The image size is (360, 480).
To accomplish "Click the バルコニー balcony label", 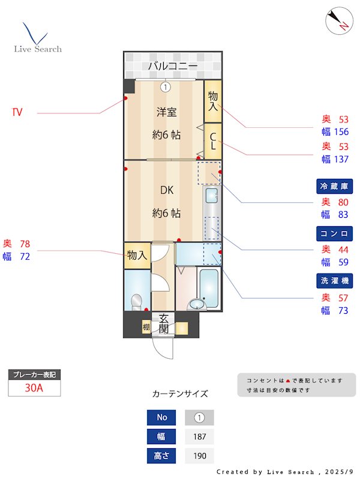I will (172, 65).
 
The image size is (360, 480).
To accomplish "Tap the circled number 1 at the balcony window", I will (166, 87).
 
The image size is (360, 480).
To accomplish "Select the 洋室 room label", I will (166, 112).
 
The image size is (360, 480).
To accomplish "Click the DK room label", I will (166, 190).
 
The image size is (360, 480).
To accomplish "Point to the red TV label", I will (17, 112).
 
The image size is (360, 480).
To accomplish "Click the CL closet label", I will (212, 140).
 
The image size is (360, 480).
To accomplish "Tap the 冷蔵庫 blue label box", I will (334, 186).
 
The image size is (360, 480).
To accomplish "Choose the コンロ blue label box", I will (334, 233).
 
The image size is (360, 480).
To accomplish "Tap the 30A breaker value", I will (34, 388).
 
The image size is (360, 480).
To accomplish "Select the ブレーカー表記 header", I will (34, 374).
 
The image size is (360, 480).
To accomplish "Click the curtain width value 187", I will (199, 437).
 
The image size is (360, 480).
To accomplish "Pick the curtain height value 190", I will (199, 456).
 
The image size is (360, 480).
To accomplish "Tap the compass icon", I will (337, 21).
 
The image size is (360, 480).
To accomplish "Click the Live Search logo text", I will (38, 49).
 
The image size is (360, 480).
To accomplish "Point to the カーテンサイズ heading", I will (180, 394).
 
